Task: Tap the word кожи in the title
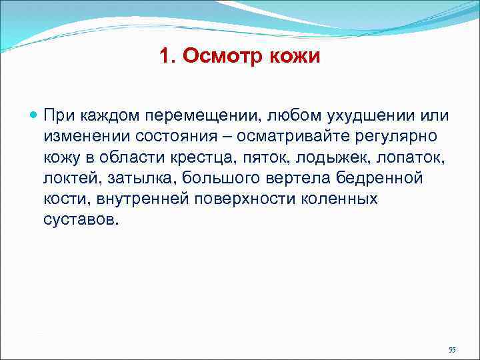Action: pyautogui.click(x=293, y=56)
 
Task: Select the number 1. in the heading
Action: pyautogui.click(x=168, y=56)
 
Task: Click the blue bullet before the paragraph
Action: pyautogui.click(x=35, y=115)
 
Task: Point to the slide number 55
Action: pyautogui.click(x=452, y=350)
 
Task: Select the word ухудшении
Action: pyautogui.click(x=360, y=116)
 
